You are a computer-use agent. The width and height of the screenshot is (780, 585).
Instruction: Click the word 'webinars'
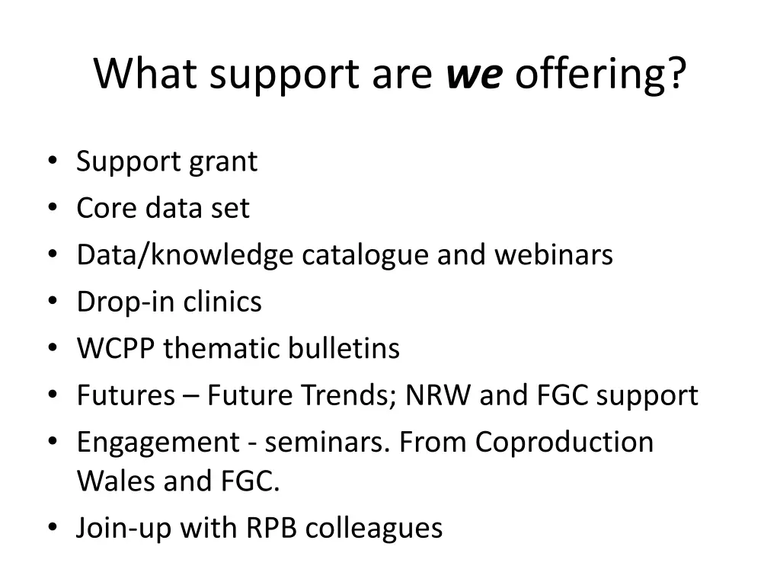click(x=554, y=255)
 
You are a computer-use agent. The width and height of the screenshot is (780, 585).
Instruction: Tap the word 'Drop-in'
click(x=126, y=302)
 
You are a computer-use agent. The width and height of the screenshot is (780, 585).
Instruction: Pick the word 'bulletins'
click(x=344, y=349)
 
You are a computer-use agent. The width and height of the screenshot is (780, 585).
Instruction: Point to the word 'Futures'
click(x=126, y=395)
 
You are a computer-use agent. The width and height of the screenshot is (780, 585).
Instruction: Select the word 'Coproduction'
click(x=564, y=443)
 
